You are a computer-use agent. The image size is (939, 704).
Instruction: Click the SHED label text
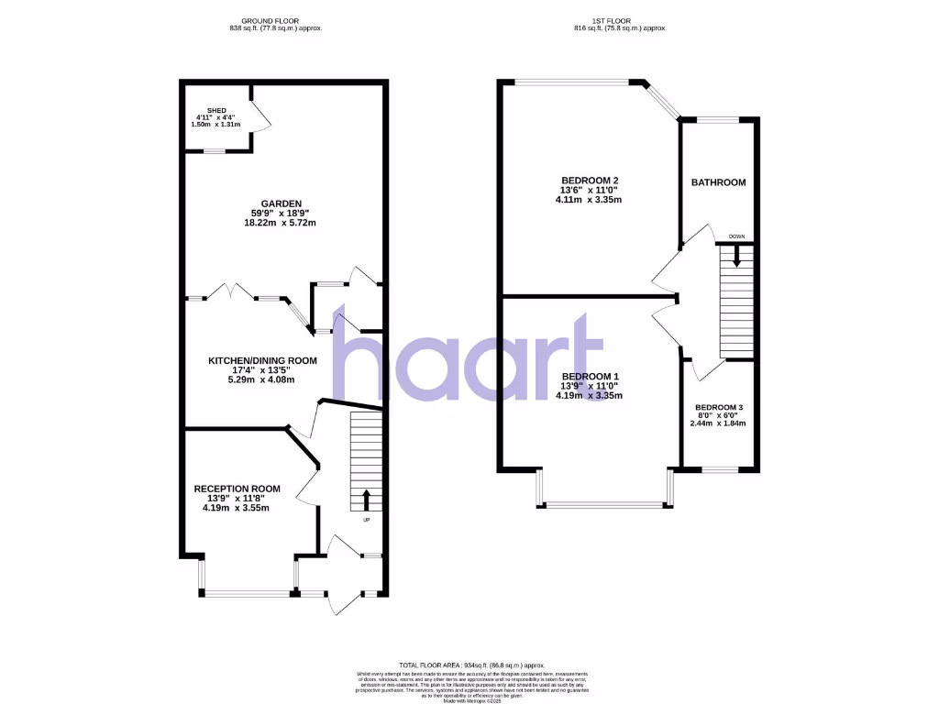pos(216,110)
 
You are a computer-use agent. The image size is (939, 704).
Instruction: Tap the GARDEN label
pos(282,203)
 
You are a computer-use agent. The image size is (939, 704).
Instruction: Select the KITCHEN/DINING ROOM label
pos(262,360)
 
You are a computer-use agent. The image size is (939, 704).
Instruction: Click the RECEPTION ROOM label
pos(237,489)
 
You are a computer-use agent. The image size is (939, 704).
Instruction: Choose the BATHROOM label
pos(718,182)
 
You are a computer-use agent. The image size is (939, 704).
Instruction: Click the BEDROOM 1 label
pos(590,377)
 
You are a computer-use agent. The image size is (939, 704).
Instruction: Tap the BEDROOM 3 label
pos(720,407)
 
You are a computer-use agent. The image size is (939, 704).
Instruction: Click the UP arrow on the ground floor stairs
pos(367,500)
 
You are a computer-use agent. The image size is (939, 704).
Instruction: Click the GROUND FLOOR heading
pos(276,20)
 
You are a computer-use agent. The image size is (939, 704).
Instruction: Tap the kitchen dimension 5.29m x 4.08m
pos(262,379)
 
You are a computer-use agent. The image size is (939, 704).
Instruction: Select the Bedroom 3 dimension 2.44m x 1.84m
pos(720,423)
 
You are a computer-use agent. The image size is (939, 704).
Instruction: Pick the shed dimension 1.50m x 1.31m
pos(216,125)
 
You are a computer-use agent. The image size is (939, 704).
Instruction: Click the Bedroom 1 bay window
pos(604,504)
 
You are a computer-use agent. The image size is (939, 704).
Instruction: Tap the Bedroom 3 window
pos(721,470)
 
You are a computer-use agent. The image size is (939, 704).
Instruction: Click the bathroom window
pos(718,119)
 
